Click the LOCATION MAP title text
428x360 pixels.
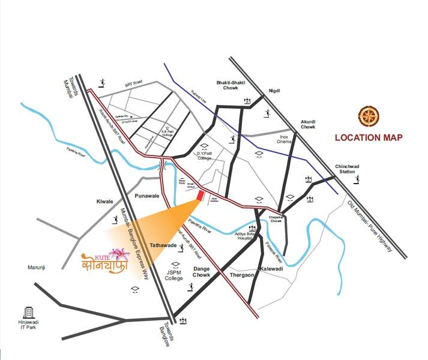coord(369,137)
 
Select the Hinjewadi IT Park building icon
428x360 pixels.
coord(28,313)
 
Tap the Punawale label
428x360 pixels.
coord(148,196)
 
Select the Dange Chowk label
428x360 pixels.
coord(201,271)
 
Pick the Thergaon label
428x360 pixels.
coord(243,275)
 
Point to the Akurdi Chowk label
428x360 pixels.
coord(308,124)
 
